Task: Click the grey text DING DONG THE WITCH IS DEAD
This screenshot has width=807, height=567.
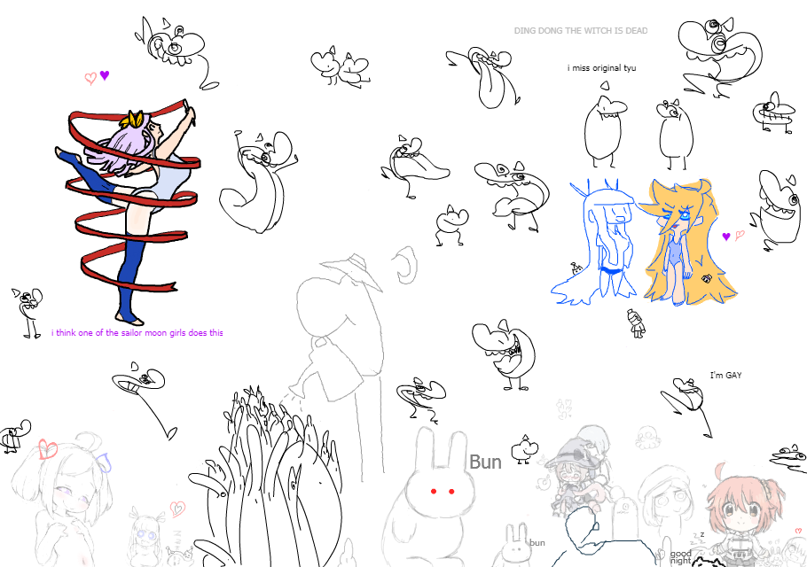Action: pyautogui.click(x=581, y=31)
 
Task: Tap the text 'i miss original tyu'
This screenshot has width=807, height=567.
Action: pyautogui.click(x=601, y=68)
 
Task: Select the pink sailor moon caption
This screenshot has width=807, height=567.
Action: pyautogui.click(x=137, y=332)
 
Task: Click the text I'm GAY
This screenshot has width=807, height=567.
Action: pyautogui.click(x=725, y=376)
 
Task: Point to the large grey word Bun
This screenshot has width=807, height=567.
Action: pyautogui.click(x=485, y=462)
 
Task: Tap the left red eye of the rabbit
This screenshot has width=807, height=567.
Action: pyautogui.click(x=434, y=492)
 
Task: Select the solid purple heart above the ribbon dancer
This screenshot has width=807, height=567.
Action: pyautogui.click(x=105, y=75)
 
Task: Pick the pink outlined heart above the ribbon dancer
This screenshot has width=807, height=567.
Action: pyautogui.click(x=90, y=78)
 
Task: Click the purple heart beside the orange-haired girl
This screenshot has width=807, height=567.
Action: pyautogui.click(x=726, y=237)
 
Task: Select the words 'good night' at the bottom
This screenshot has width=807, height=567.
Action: pyautogui.click(x=680, y=557)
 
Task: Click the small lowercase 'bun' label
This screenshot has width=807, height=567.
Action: pyautogui.click(x=537, y=542)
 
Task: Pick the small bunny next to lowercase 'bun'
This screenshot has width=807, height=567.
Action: pyautogui.click(x=514, y=546)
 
